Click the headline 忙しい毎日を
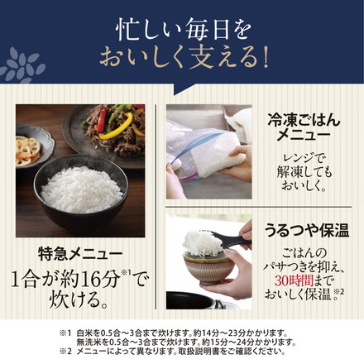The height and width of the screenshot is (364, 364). tap(182, 27)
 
